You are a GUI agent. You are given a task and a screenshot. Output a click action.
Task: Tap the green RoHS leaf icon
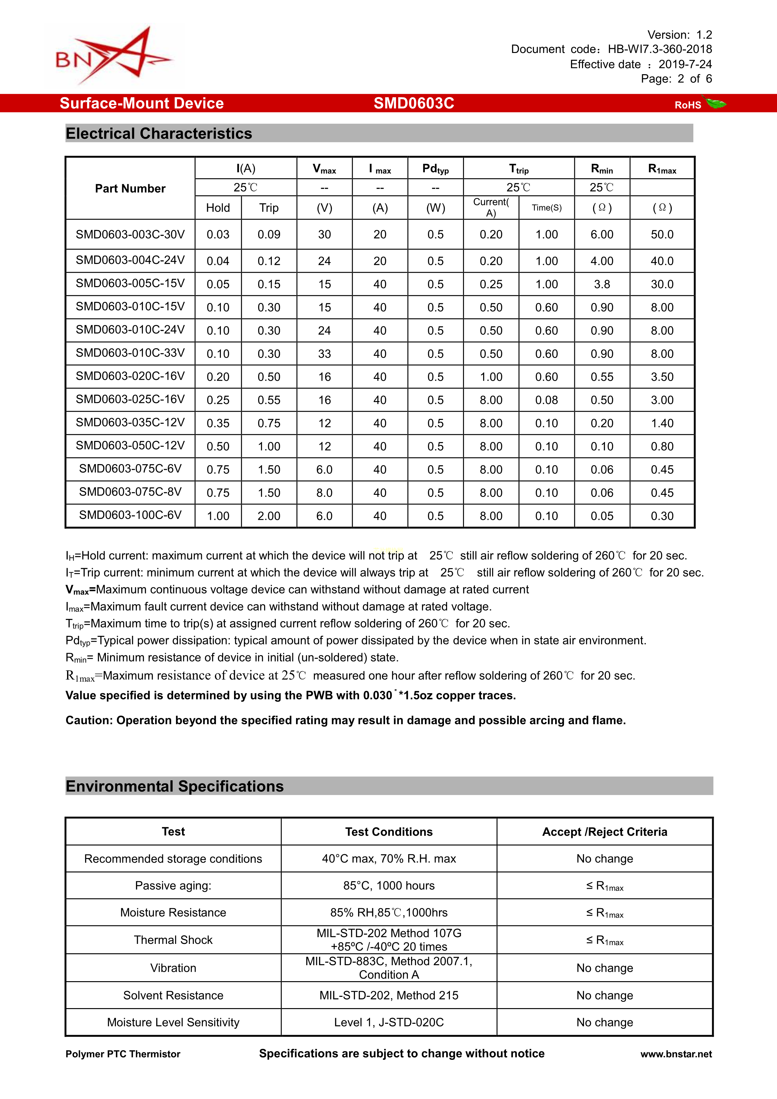pyautogui.click(x=716, y=103)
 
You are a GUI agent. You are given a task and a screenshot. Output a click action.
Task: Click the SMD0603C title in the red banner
pyautogui.click(x=414, y=103)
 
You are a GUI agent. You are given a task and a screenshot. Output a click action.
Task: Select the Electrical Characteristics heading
pyautogui.click(x=159, y=133)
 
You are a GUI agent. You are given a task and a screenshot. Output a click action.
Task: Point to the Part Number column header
pyautogui.click(x=130, y=189)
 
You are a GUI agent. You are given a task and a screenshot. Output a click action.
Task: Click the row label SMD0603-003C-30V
pyautogui.click(x=130, y=234)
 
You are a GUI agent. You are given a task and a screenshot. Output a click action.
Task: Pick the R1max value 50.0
pyautogui.click(x=662, y=234)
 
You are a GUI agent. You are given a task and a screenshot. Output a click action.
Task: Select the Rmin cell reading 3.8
pyautogui.click(x=602, y=284)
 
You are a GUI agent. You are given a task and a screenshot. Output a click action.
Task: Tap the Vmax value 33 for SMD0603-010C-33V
pyautogui.click(x=324, y=354)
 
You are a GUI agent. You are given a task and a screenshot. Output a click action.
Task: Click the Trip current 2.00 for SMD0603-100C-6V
pyautogui.click(x=269, y=516)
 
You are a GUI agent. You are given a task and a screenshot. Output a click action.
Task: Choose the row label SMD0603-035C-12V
pyautogui.click(x=130, y=423)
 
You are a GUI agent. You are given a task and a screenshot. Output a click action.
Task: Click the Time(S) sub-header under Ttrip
pyautogui.click(x=546, y=208)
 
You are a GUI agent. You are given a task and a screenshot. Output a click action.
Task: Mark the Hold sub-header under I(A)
pyautogui.click(x=218, y=208)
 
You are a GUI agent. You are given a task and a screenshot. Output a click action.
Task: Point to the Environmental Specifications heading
pyautogui.click(x=175, y=787)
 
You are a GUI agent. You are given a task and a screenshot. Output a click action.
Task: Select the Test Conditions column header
pyautogui.click(x=389, y=832)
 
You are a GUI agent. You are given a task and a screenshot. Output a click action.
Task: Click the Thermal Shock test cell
pyautogui.click(x=173, y=940)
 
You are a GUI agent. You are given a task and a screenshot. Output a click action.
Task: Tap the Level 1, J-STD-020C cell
pyautogui.click(x=389, y=1023)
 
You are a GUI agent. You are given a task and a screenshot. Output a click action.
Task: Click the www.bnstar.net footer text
pyautogui.click(x=676, y=1054)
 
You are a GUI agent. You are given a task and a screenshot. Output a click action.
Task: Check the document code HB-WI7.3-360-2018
pyautogui.click(x=660, y=49)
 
